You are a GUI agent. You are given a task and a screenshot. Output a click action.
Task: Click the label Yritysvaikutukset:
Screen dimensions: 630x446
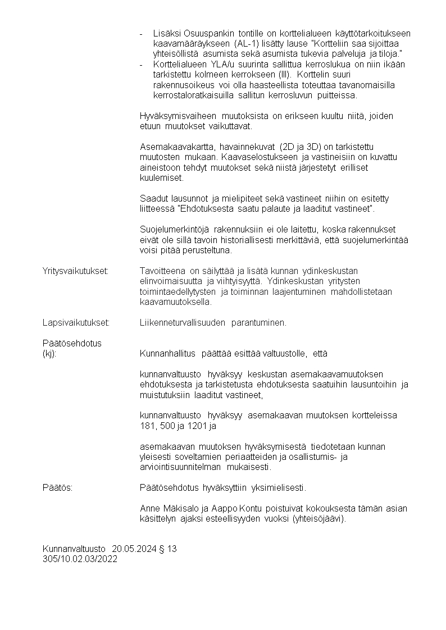[x=75, y=271]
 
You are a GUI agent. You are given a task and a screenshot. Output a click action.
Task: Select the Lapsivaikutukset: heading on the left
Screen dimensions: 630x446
[x=76, y=323]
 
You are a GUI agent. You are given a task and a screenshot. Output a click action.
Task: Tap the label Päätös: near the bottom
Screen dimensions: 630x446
[x=57, y=487]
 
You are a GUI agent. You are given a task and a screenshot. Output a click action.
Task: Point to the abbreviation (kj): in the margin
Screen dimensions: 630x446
[x=49, y=354]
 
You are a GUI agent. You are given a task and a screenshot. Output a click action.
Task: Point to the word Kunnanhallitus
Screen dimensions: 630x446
[x=167, y=354]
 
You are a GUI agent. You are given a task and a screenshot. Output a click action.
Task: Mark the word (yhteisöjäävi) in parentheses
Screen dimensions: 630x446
[x=318, y=519]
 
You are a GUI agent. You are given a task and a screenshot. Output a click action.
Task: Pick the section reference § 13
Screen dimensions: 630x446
[x=167, y=549]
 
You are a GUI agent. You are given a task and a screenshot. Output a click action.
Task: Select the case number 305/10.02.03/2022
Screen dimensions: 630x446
[x=80, y=559]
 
